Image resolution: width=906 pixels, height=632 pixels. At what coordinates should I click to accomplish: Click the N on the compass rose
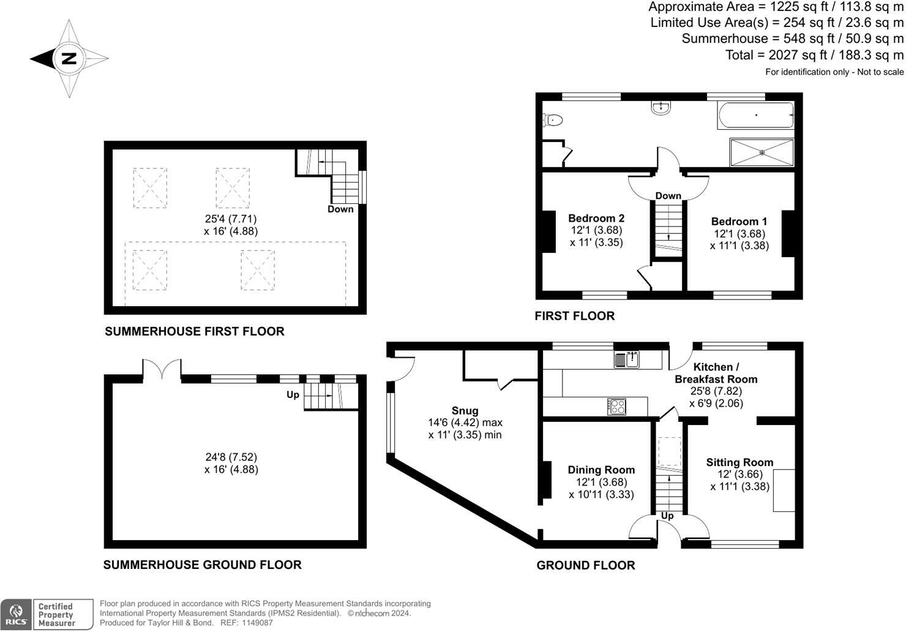point(69,59)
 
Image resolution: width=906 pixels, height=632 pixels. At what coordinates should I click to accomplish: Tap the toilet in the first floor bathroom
point(552,119)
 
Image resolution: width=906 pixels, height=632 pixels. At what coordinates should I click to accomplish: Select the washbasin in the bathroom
point(661,108)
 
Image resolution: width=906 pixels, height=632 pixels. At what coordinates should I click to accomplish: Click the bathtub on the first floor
point(755,115)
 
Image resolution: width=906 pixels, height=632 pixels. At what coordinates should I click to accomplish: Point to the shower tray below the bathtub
point(762,152)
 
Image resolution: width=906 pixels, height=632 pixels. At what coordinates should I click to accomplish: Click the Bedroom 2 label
point(596,218)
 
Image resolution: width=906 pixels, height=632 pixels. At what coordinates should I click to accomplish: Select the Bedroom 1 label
point(739,222)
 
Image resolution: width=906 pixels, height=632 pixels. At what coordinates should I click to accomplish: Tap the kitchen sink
point(626,359)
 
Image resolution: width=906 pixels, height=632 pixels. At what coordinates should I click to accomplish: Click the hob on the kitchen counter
point(616,407)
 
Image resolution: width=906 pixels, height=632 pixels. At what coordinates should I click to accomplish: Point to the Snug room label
point(465,411)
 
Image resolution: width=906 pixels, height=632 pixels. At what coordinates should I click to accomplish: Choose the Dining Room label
point(601,470)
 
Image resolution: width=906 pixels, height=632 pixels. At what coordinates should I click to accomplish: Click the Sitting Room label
point(739,462)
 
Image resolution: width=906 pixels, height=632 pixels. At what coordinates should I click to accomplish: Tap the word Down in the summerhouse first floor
point(340,209)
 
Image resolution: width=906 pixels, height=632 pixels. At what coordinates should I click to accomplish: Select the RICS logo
point(17,614)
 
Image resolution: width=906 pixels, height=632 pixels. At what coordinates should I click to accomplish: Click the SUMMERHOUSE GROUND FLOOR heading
point(202,565)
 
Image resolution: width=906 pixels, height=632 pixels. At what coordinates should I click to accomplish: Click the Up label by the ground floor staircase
point(667,516)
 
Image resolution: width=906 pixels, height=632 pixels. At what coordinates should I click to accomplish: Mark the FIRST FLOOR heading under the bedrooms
point(574,316)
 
